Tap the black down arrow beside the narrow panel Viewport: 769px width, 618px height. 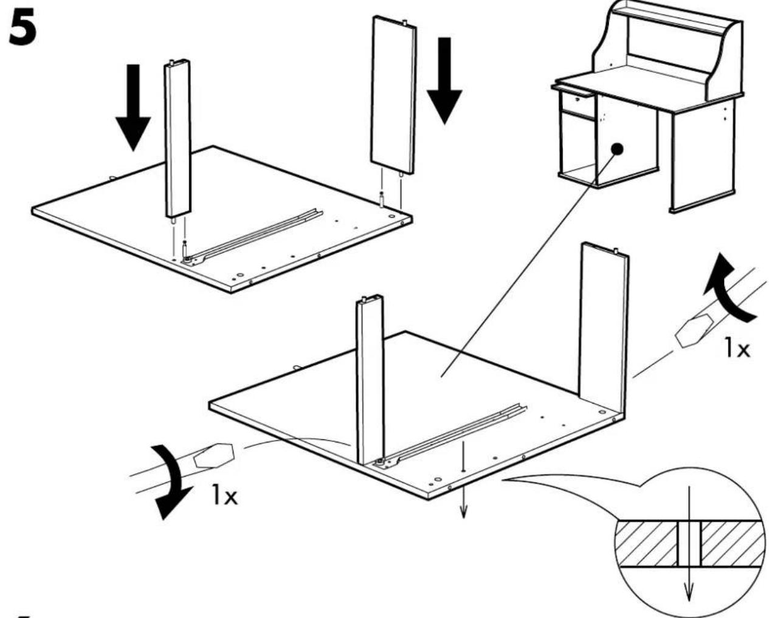tap(133, 107)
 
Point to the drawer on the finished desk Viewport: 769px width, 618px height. tap(578, 103)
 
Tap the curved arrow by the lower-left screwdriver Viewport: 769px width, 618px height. tap(171, 481)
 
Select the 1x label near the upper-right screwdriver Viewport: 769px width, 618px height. tap(738, 348)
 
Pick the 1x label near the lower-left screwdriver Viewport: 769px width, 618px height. tap(224, 495)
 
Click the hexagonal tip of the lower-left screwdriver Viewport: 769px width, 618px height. tap(214, 456)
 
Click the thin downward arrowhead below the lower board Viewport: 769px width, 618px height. tap(463, 512)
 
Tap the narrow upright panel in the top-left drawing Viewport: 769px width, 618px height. tap(178, 139)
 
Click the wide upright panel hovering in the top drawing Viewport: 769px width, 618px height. tap(393, 95)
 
